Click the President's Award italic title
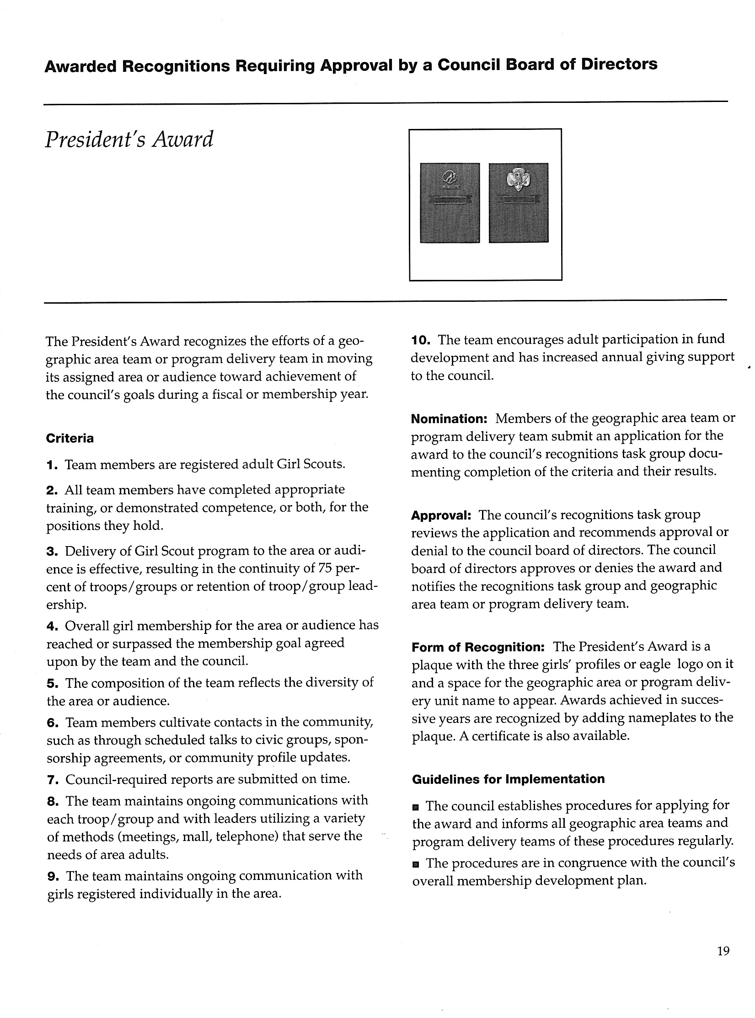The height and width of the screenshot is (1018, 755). pyautogui.click(x=129, y=139)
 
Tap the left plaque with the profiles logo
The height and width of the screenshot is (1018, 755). pyautogui.click(x=450, y=203)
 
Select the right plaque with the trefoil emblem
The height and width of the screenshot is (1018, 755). pyautogui.click(x=518, y=203)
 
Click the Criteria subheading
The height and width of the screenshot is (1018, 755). pyautogui.click(x=70, y=439)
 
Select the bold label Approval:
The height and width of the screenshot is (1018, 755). pyautogui.click(x=441, y=516)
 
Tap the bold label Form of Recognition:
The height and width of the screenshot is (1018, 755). pyautogui.click(x=478, y=648)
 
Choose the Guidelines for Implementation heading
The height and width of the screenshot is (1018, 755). pyautogui.click(x=508, y=779)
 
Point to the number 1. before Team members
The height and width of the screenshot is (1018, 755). pyautogui.click(x=52, y=465)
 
